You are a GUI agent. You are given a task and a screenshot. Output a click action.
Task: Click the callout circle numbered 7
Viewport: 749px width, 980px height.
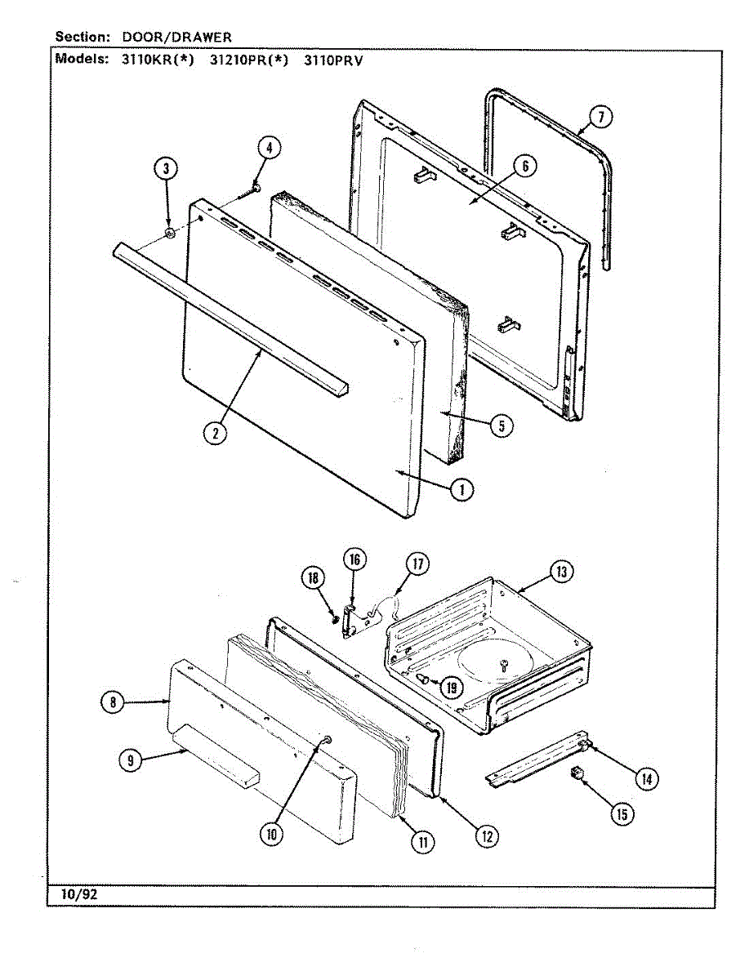click(600, 118)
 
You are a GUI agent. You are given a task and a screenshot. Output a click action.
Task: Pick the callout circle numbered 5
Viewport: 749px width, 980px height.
click(502, 425)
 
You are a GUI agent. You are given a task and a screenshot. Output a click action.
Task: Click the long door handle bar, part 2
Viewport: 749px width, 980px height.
click(229, 314)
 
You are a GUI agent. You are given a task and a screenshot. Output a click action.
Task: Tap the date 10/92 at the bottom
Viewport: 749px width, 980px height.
click(78, 895)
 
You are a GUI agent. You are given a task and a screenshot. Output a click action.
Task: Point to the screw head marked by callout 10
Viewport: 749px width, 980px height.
click(326, 740)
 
